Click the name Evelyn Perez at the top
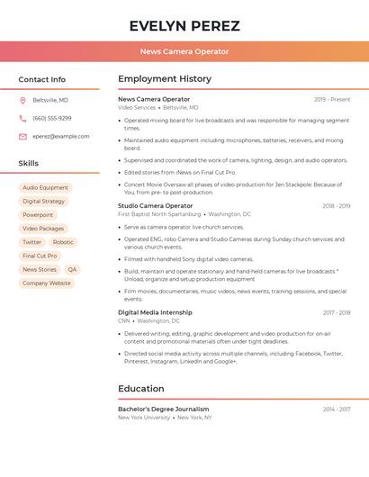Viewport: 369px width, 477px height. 184,25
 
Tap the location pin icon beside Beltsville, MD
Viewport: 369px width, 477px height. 22,100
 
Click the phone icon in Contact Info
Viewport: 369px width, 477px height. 22,118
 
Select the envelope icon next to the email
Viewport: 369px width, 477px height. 22,137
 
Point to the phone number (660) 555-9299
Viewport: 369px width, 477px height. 52,118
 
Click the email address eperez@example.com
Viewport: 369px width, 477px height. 61,137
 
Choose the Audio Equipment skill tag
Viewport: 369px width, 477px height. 46,188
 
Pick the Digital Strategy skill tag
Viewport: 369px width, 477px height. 44,202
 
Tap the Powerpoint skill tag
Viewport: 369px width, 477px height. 38,215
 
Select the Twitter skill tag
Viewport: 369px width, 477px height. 31,242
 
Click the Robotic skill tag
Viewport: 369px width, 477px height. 63,242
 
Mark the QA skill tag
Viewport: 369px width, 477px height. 72,269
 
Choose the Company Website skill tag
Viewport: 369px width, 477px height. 47,283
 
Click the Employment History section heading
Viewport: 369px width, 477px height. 165,79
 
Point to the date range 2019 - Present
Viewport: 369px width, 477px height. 332,100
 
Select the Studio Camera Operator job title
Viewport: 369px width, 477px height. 155,206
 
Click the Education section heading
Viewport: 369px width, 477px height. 141,389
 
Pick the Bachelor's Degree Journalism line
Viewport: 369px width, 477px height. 163,409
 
